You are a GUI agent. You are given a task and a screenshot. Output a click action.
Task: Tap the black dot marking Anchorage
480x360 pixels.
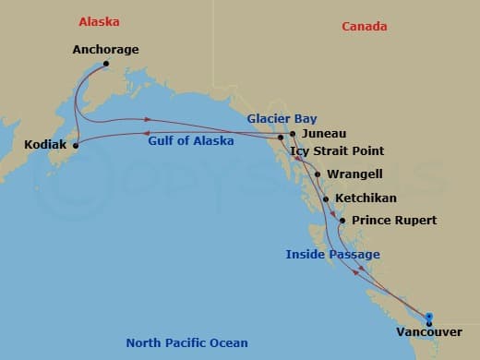[106, 64]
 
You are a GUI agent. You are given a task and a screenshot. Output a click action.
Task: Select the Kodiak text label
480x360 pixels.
[45, 145]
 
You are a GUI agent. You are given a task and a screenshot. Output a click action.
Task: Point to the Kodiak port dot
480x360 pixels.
[76, 145]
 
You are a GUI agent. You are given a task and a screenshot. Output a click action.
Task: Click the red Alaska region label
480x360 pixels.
[99, 20]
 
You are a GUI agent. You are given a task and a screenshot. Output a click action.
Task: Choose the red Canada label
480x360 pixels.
[365, 26]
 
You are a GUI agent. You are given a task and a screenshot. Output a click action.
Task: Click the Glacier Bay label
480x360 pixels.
[279, 118]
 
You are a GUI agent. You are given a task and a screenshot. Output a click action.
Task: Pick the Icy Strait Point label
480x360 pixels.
[337, 151]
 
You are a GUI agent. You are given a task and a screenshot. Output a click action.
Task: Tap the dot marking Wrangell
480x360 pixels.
[318, 174]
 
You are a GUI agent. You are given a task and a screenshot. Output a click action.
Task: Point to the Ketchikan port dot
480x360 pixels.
[326, 198]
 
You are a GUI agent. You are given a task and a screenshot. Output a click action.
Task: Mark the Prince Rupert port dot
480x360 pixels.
[342, 221]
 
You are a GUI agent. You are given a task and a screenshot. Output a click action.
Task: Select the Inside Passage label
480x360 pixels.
[332, 254]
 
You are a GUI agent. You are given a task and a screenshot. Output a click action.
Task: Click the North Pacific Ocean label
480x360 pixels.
[186, 343]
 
